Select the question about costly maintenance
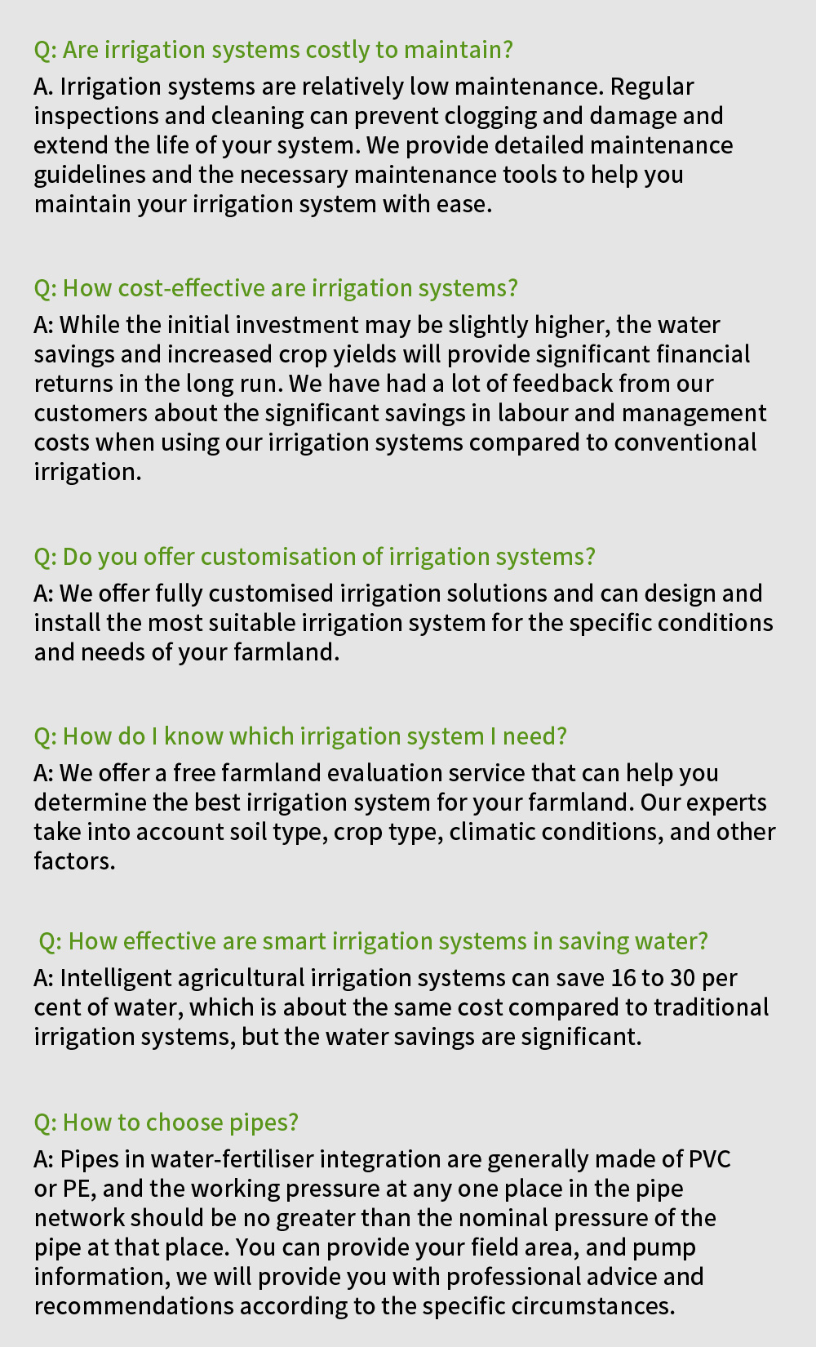click(x=273, y=50)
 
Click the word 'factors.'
click(x=74, y=861)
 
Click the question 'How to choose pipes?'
click(x=166, y=1122)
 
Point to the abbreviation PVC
click(x=709, y=1159)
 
